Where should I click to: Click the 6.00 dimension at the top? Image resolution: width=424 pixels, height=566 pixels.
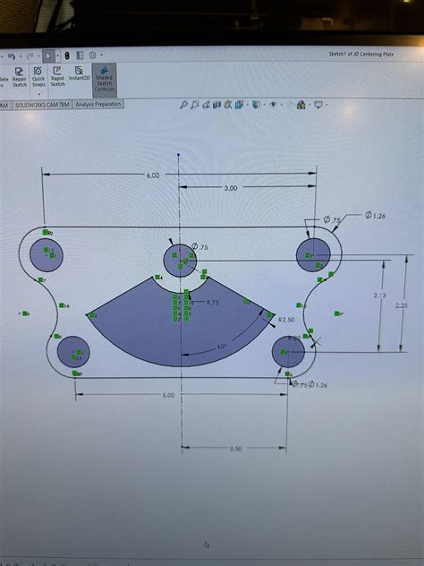[x=152, y=176]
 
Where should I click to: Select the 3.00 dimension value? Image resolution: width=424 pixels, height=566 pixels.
[x=230, y=188]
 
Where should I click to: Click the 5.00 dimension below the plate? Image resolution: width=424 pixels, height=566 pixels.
[x=169, y=394]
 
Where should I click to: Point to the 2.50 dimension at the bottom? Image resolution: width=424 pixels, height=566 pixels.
[x=235, y=448]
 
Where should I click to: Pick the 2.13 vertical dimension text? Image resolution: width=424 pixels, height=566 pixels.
[x=379, y=295]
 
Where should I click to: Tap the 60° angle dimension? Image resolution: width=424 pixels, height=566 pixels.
[x=222, y=346]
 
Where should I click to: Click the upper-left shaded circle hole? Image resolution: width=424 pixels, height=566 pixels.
[x=47, y=254]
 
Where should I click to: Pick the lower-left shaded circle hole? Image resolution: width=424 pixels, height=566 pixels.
[x=72, y=352]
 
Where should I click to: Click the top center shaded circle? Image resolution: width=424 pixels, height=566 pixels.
[x=180, y=260]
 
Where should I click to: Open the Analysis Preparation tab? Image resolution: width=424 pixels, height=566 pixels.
[x=98, y=105]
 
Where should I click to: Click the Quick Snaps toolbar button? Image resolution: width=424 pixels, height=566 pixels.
[x=38, y=79]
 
